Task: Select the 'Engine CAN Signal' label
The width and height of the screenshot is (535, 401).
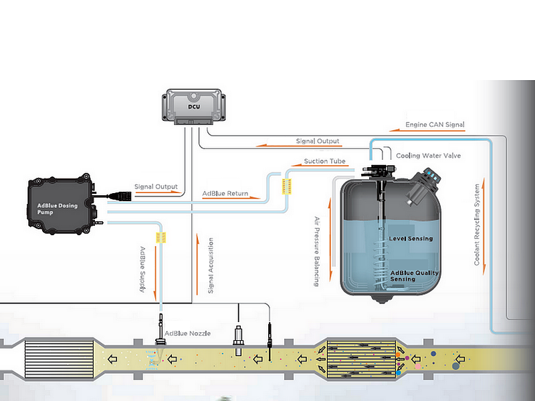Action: (x=435, y=125)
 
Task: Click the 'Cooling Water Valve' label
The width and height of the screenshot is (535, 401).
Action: (x=428, y=156)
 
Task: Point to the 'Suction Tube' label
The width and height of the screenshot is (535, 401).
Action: (x=324, y=161)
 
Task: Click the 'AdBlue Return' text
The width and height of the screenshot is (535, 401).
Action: (x=225, y=194)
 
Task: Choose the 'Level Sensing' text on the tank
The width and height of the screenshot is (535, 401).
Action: (x=411, y=239)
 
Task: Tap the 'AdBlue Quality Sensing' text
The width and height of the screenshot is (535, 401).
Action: (x=413, y=275)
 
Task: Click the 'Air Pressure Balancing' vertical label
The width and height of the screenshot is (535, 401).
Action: (x=317, y=251)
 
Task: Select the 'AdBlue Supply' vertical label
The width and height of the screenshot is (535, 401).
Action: (x=142, y=270)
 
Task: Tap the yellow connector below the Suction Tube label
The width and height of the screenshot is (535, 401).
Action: (x=288, y=186)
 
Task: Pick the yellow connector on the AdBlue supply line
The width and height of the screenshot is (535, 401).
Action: (x=160, y=236)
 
